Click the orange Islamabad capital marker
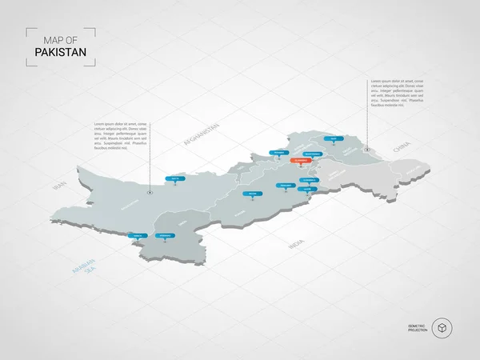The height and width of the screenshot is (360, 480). [x=300, y=160]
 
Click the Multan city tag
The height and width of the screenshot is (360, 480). [x=254, y=193]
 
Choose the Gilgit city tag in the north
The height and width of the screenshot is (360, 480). [x=333, y=139]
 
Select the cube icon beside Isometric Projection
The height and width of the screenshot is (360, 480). [x=442, y=328]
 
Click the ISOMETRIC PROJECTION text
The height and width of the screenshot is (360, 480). [x=416, y=328]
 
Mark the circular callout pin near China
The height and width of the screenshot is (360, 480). [x=367, y=149]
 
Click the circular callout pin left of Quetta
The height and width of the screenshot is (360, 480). [x=150, y=191]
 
